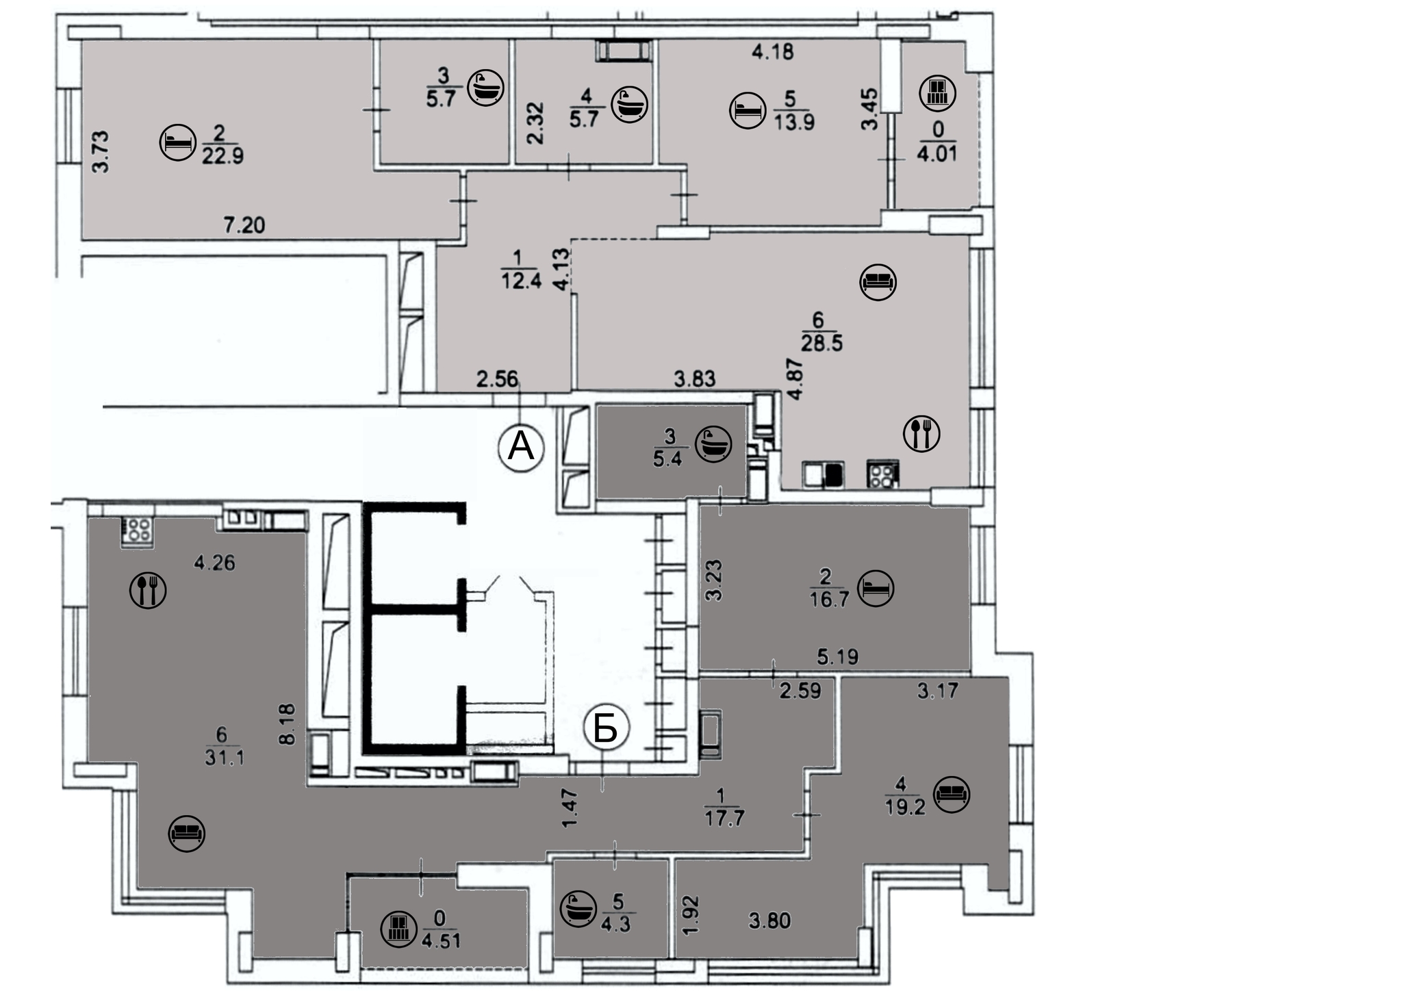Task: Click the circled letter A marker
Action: [x=520, y=448]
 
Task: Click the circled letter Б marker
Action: [x=606, y=728]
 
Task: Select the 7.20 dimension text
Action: [x=244, y=224]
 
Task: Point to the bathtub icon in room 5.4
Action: [x=713, y=445]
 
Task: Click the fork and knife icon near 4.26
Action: [x=148, y=589]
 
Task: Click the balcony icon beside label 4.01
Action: [x=936, y=92]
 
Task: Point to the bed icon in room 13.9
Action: [x=748, y=110]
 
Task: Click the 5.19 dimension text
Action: [x=838, y=658]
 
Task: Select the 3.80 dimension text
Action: [x=769, y=921]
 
